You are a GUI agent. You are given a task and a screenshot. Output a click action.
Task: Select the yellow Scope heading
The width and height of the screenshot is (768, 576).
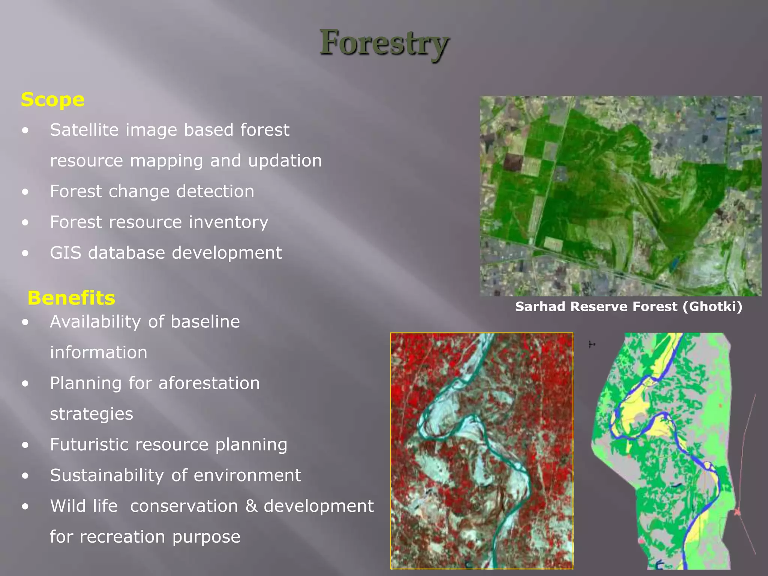(52, 100)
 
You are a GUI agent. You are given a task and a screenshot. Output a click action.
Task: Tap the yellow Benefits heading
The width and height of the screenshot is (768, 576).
(71, 298)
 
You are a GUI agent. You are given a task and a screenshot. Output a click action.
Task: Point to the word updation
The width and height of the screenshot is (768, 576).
(285, 161)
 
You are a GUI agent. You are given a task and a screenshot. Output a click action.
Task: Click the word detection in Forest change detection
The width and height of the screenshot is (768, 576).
(215, 192)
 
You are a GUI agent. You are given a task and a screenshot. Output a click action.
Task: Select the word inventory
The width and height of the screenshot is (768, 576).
(228, 222)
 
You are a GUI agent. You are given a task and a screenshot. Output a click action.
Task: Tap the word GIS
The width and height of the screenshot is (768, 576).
(65, 253)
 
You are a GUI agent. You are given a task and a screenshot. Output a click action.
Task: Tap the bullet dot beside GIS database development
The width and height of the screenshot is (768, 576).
(25, 253)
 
